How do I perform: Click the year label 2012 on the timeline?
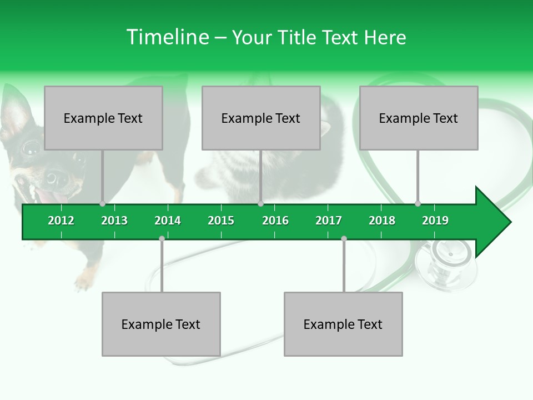(61, 221)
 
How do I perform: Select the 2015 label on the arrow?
(221, 221)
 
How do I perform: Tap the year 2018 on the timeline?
(382, 221)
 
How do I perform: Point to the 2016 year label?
(275, 221)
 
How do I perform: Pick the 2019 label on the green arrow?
(435, 221)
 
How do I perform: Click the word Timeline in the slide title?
(167, 37)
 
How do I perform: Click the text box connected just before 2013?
(103, 118)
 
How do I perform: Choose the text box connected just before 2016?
(261, 118)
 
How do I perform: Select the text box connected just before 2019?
(419, 118)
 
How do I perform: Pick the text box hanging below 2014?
(161, 324)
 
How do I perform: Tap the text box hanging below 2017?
(343, 324)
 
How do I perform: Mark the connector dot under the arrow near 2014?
(162, 238)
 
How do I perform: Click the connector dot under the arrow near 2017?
(344, 238)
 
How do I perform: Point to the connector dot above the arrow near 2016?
(260, 203)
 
